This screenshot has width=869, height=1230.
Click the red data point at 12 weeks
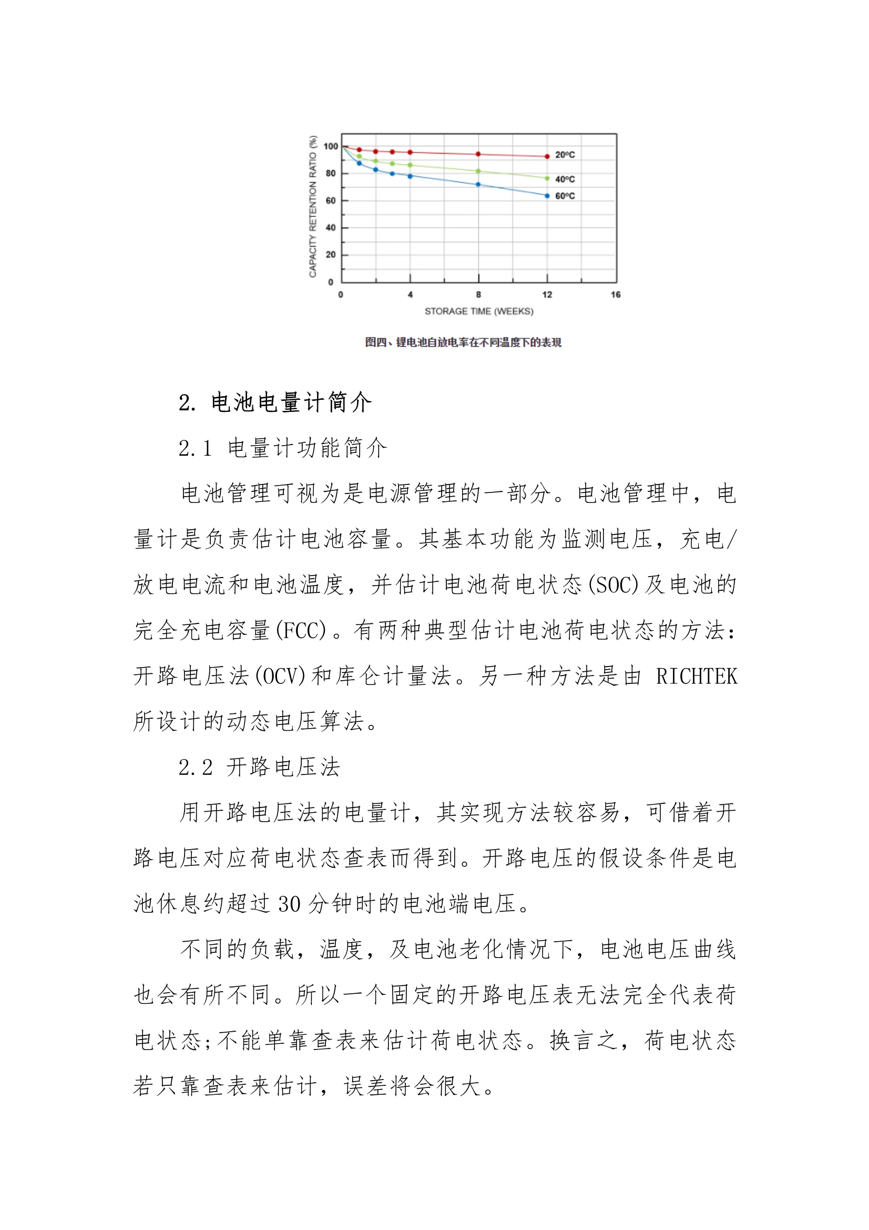pos(547,156)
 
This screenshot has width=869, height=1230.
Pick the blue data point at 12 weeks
pos(547,196)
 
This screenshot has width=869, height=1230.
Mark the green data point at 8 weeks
pos(478,172)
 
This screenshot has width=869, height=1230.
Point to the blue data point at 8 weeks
pos(478,184)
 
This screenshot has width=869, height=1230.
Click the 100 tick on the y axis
pos(330,146)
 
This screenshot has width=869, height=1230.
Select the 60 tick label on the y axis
pos(330,201)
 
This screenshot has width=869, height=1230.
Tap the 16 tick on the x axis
pos(615,295)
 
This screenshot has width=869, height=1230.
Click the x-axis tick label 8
pos(478,295)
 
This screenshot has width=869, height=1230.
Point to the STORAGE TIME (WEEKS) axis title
pos(479,311)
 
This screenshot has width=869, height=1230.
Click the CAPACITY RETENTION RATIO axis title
pos(313,207)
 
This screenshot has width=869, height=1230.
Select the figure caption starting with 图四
pos(463,342)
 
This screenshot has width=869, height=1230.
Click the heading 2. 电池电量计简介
pos(274,403)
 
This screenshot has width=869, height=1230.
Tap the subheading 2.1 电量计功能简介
pos(282,448)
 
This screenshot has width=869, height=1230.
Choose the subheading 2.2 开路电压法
pos(259,767)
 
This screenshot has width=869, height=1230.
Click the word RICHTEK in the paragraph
pos(697,677)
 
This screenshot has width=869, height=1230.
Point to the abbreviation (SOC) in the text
pos(614,585)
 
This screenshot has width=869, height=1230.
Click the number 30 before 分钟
pos(289,904)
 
